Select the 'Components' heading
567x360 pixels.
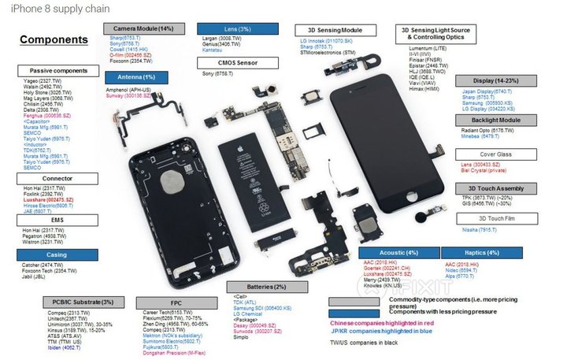(54, 39)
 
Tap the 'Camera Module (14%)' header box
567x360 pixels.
(144, 28)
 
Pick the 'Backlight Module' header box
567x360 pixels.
(498, 120)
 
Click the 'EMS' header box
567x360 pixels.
(47, 221)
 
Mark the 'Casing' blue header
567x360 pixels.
(47, 254)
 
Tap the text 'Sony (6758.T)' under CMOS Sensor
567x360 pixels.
(218, 73)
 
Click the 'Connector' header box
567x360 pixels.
(47, 178)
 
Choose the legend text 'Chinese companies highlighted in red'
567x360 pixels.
(383, 323)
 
